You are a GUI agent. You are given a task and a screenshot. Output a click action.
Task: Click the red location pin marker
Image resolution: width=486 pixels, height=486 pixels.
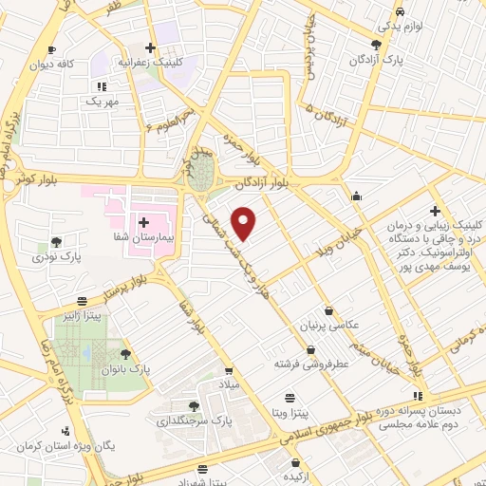point(245,224)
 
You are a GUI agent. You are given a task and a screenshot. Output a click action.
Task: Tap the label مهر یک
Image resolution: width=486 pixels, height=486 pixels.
point(99,101)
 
